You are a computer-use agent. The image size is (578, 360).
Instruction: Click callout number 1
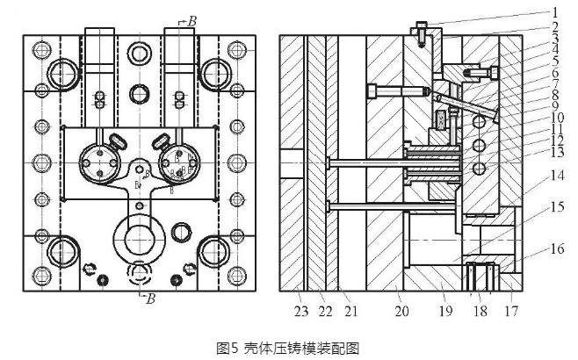555,12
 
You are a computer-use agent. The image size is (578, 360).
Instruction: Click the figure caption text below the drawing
289,347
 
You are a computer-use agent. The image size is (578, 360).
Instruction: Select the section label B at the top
192,18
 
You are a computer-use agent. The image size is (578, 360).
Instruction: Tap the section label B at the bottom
150,298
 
